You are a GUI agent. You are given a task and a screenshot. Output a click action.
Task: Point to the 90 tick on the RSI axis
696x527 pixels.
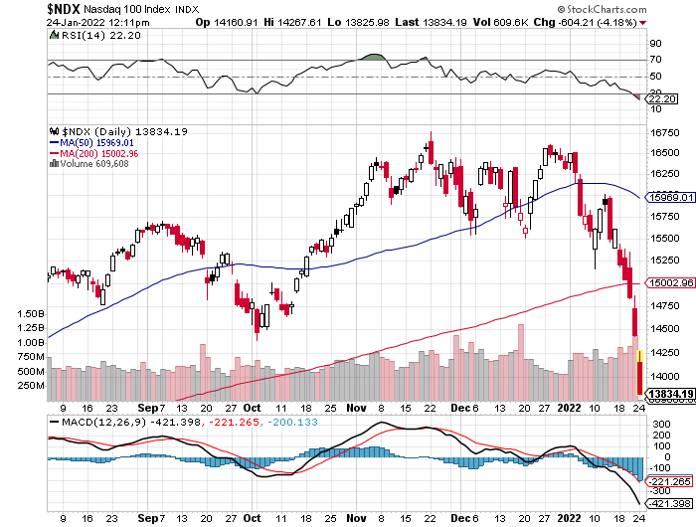[x=656, y=45]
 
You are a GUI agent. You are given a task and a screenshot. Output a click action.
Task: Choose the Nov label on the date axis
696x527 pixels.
[x=357, y=407]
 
